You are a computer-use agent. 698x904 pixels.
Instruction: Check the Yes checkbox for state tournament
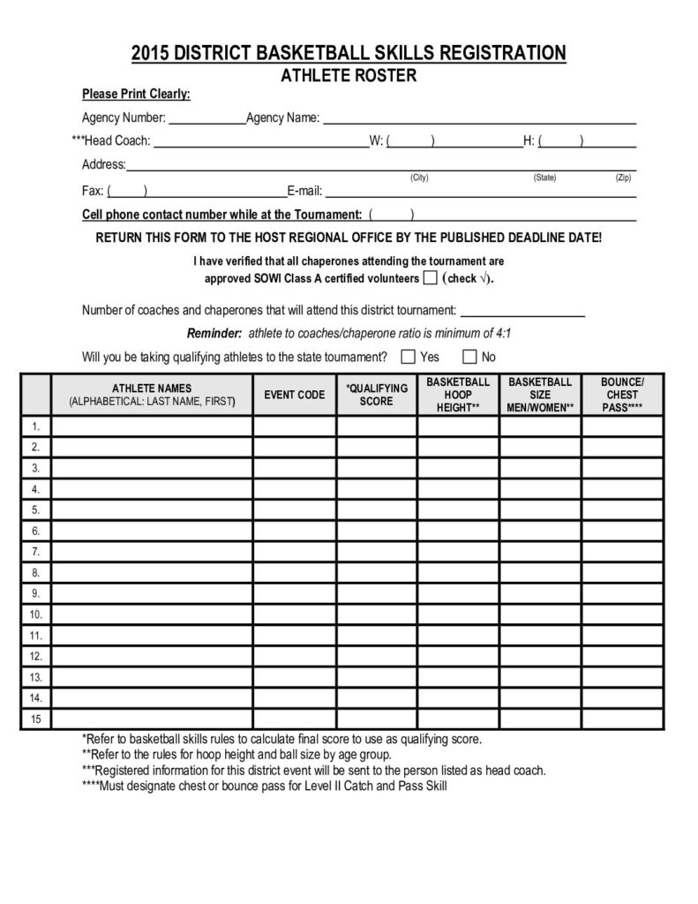409,357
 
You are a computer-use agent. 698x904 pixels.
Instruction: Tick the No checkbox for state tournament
469,357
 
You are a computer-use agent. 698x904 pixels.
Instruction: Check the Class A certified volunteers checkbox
430,278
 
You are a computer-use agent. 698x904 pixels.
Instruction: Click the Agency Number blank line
206,117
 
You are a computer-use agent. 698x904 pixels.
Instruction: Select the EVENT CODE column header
295,395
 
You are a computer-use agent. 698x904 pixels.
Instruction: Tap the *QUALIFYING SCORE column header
377,395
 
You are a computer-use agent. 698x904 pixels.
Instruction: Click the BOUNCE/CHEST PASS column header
622,395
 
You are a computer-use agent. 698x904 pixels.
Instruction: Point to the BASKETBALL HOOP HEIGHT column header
458,395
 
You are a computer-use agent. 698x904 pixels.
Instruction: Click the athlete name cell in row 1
153,426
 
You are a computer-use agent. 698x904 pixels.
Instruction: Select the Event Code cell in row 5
295,510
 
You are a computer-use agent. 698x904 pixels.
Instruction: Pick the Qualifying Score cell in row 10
377,614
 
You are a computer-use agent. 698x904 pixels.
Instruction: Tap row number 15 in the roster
36,719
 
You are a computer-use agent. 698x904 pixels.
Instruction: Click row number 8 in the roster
36,573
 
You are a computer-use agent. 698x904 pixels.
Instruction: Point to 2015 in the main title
151,54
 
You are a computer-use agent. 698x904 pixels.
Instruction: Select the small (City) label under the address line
419,177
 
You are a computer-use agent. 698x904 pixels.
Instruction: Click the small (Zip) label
624,177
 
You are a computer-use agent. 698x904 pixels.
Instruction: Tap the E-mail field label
304,190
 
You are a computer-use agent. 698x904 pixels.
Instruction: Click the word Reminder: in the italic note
214,334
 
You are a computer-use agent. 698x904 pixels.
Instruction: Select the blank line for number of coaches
523,310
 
